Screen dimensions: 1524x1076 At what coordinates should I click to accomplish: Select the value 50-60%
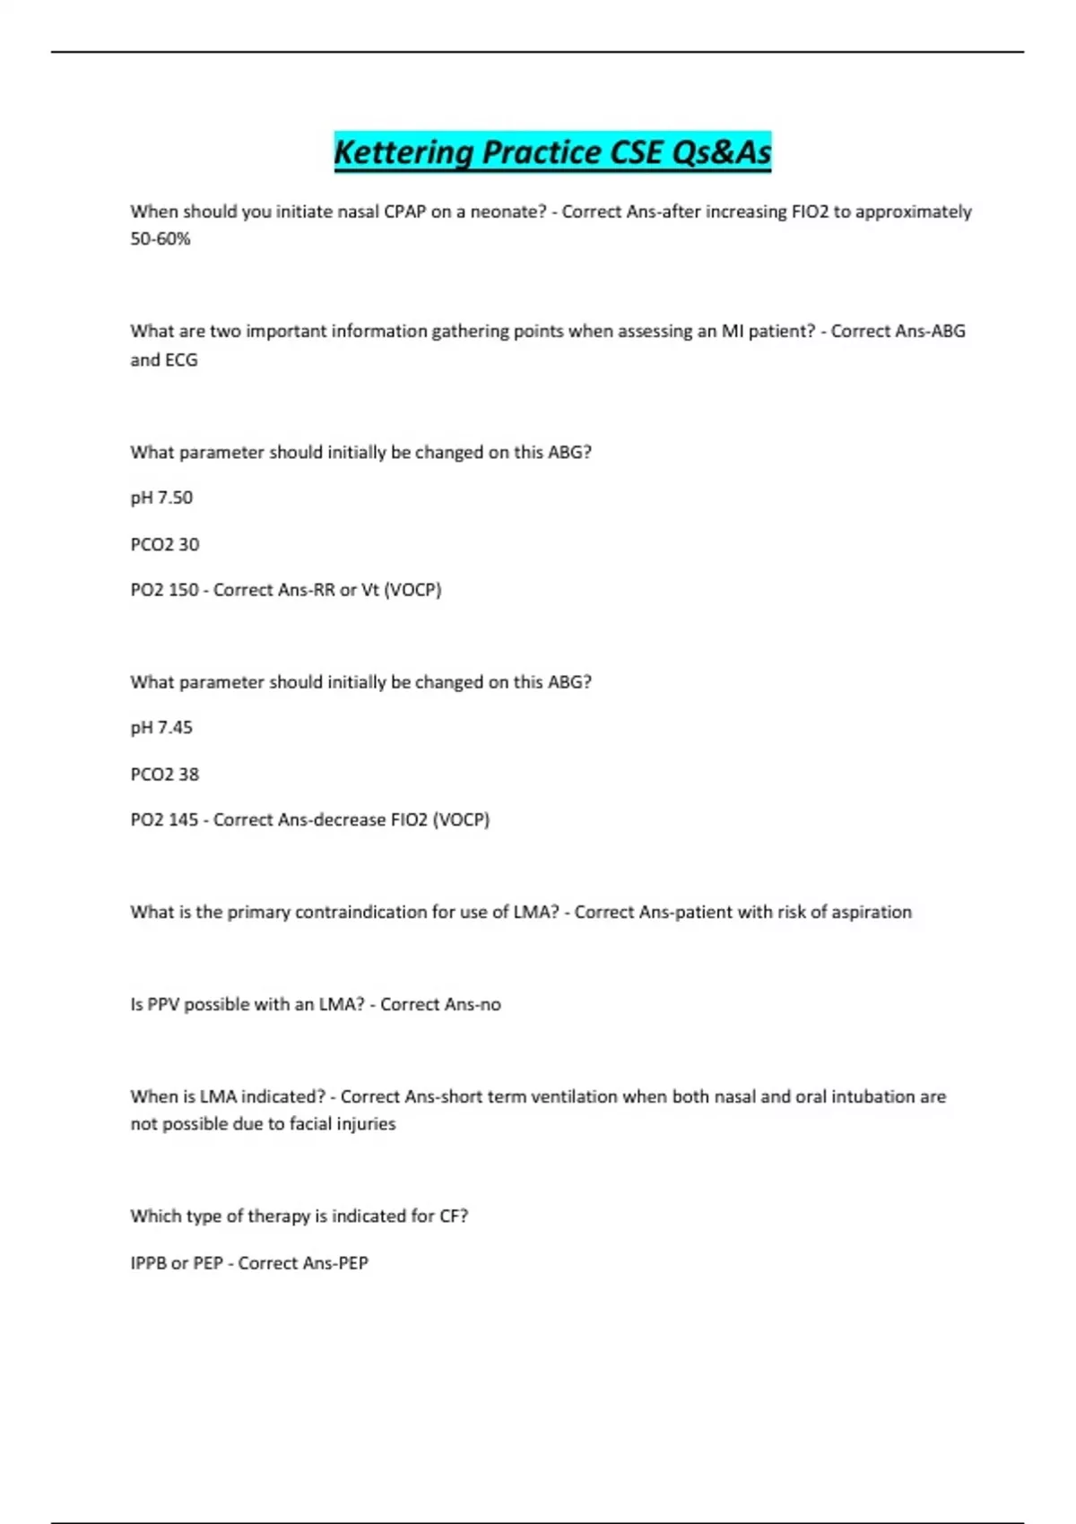(x=161, y=239)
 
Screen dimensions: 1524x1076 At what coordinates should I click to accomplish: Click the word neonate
(x=506, y=212)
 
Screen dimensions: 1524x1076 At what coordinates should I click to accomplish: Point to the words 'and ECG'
(x=164, y=360)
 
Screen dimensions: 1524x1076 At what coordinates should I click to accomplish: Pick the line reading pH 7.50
(x=161, y=498)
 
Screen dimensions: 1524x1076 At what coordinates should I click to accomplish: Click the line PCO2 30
(x=165, y=544)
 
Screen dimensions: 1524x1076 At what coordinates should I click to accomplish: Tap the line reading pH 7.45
(x=161, y=727)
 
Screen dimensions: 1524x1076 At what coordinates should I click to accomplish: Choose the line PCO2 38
(x=165, y=774)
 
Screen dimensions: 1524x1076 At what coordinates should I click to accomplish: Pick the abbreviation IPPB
(x=148, y=1263)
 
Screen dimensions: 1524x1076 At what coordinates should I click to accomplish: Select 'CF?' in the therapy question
(x=454, y=1217)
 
